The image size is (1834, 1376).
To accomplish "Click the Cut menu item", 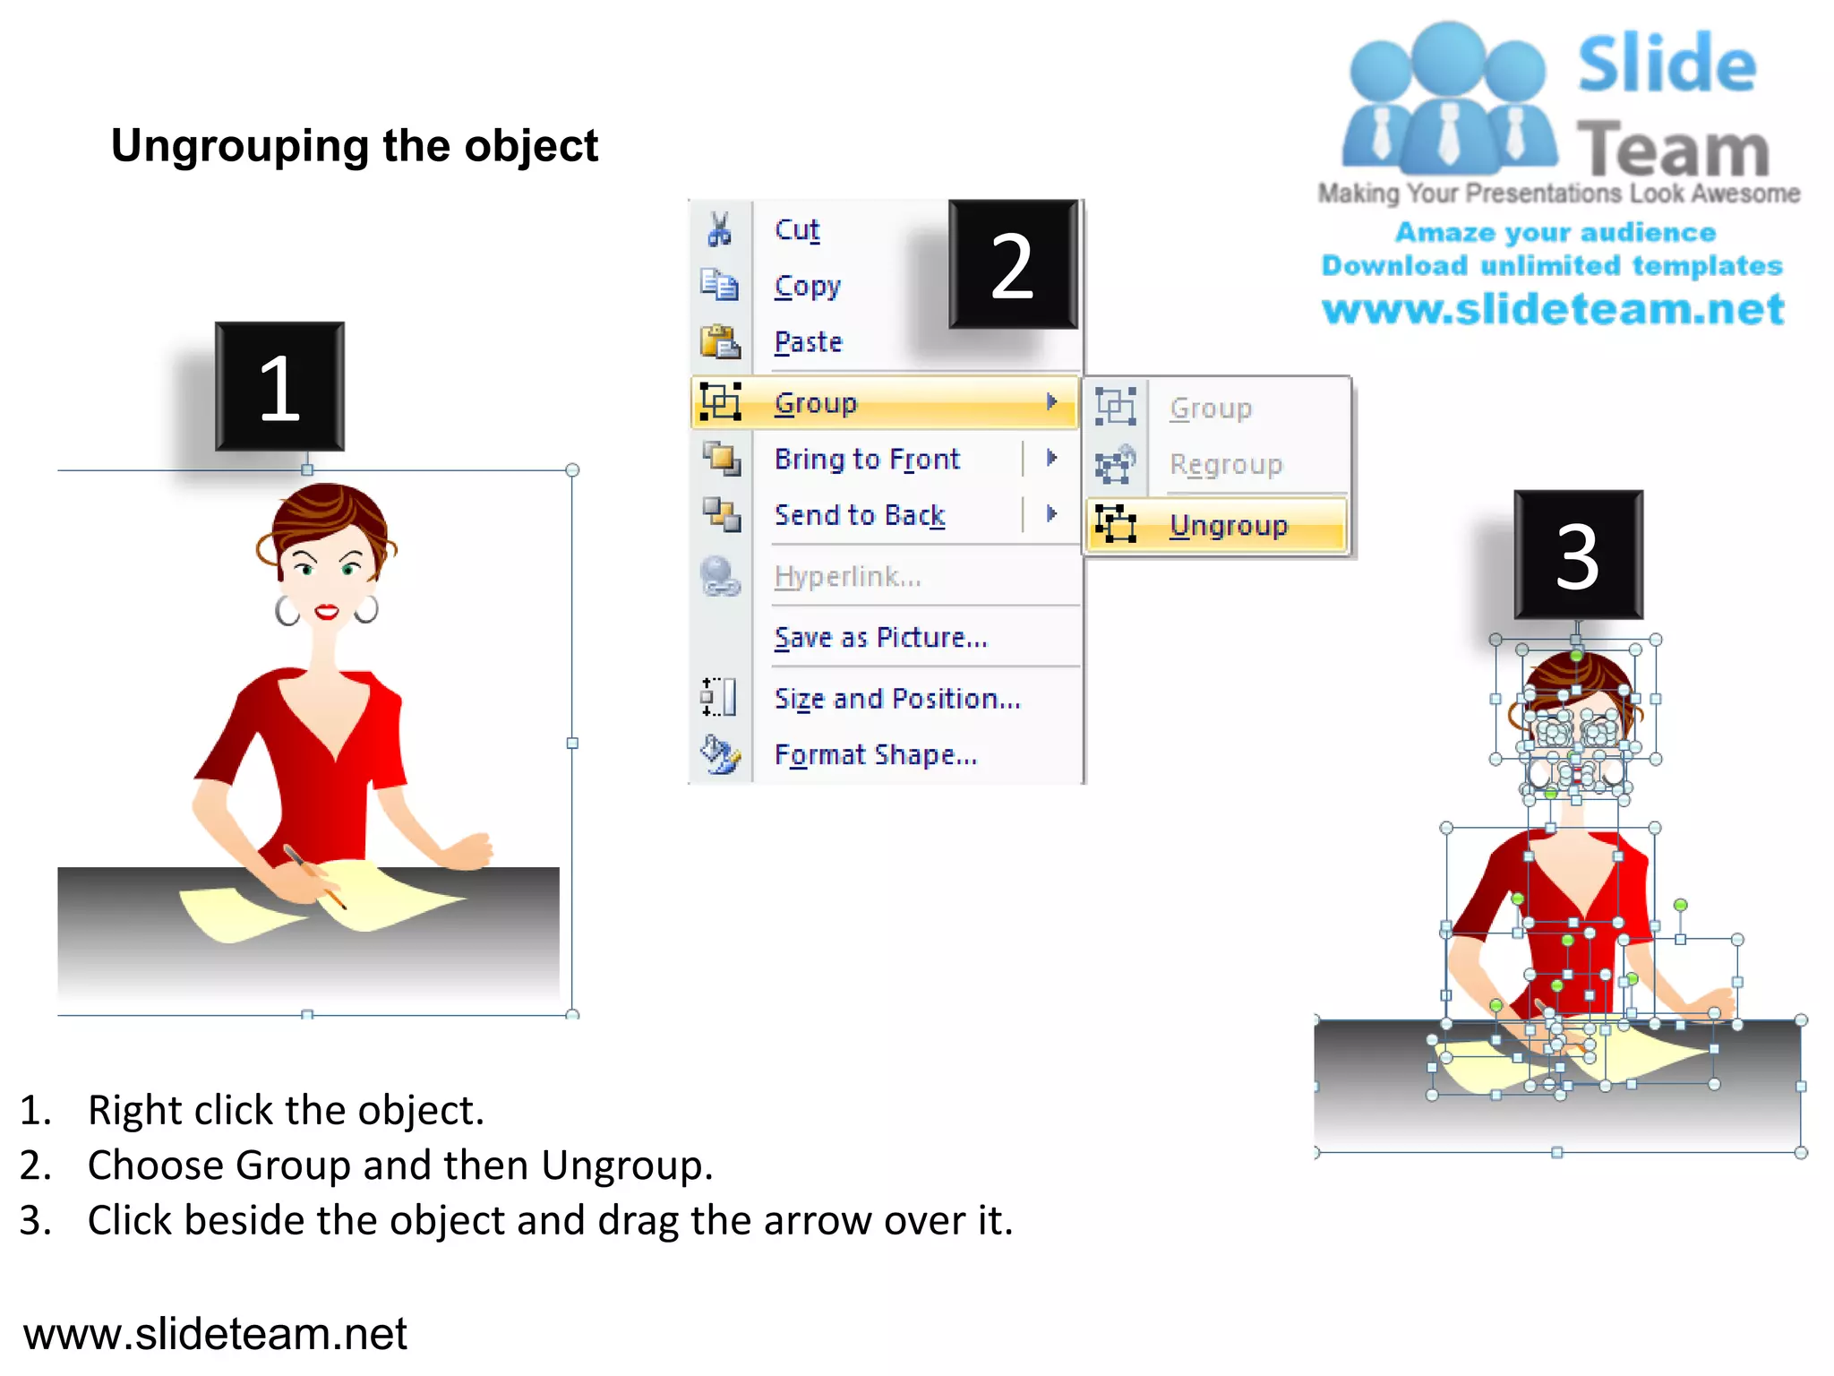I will click(796, 230).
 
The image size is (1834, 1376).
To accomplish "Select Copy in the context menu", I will click(807, 287).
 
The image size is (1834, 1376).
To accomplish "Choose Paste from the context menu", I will click(808, 342).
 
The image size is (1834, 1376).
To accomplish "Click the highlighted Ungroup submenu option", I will click(1228, 525).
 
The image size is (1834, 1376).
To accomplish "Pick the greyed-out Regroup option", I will click(1225, 464).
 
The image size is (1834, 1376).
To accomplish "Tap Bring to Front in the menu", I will click(866, 459).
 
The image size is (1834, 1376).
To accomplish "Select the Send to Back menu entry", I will click(859, 515).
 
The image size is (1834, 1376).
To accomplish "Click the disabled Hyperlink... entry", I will click(847, 576).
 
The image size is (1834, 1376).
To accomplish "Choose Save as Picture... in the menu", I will click(880, 637).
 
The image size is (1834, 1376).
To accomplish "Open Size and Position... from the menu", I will click(897, 698).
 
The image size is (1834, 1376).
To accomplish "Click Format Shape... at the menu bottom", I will click(875, 754).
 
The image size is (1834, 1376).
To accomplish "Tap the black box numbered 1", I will click(279, 387).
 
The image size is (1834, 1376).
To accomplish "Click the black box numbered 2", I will click(1013, 264).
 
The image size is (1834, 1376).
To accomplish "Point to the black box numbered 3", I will click(1578, 555).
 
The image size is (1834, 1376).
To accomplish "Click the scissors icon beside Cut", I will click(719, 229).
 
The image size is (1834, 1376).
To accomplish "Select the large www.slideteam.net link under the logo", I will click(1553, 309).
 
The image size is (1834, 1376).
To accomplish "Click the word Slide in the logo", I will click(1667, 64).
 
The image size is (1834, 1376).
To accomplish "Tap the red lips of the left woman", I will click(327, 613).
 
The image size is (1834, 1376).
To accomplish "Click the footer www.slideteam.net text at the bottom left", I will click(215, 1333).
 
